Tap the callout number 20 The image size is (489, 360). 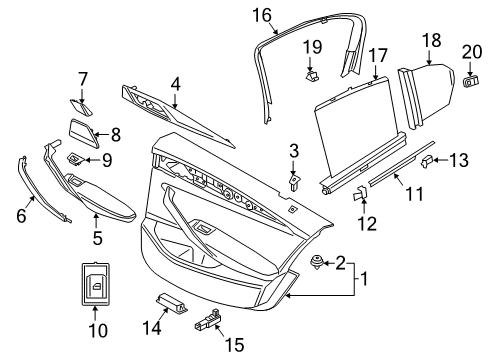click(x=469, y=51)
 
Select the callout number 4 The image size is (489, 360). click(x=174, y=87)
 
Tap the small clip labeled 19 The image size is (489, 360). click(x=313, y=72)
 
